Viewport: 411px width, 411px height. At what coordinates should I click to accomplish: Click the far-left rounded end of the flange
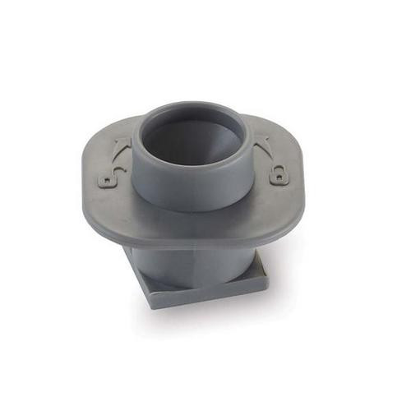(x=85, y=177)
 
